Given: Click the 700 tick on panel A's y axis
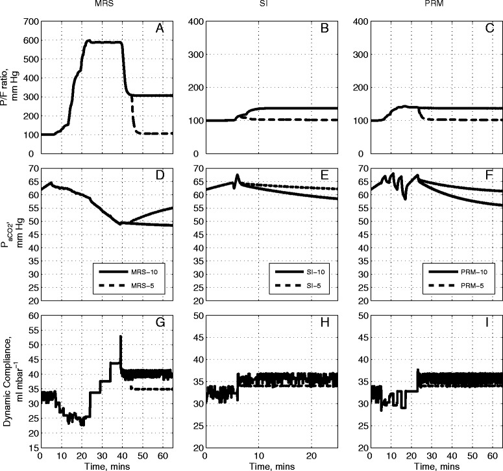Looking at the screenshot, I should tap(28, 21).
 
